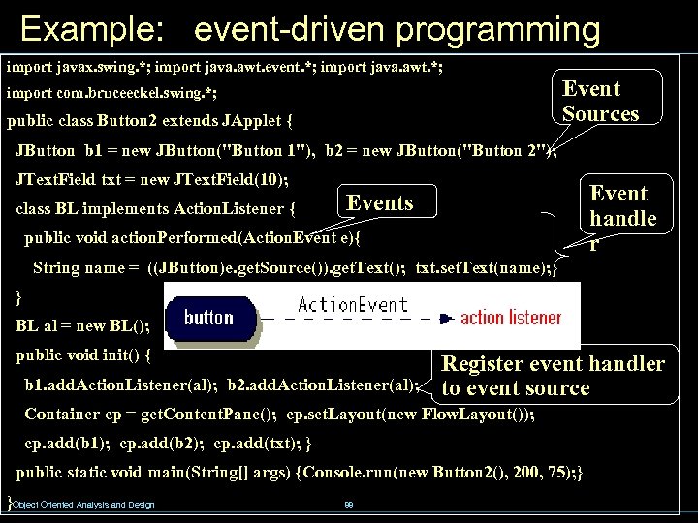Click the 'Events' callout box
pos(386,203)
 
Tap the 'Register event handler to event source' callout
pos(553,376)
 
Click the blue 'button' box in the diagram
pos(208,318)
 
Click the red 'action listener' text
pos(510,318)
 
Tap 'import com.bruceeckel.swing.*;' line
pos(111,94)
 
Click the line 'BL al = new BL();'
pos(83,325)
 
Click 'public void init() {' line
pos(83,354)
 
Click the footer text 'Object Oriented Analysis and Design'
pos(83,505)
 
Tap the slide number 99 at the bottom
pos(349,505)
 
